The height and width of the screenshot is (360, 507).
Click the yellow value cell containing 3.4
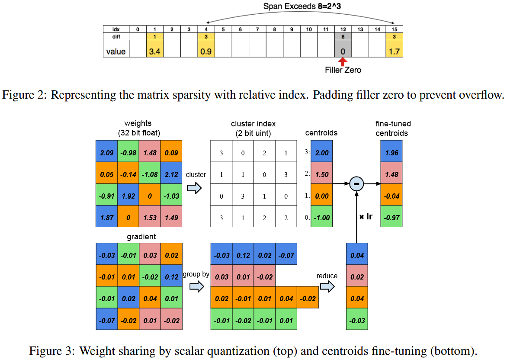click(155, 51)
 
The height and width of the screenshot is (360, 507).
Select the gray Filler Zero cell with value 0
click(343, 51)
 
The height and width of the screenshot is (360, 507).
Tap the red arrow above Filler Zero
click(343, 62)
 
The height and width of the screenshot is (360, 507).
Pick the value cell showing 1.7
click(395, 51)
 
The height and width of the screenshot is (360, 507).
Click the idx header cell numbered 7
click(257, 29)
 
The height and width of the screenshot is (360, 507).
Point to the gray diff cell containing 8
click(343, 37)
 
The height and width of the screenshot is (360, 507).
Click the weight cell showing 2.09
click(106, 153)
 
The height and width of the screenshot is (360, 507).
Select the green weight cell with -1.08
click(150, 174)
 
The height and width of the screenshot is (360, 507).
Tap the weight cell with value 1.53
click(150, 218)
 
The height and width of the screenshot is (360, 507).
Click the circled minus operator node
click(356, 184)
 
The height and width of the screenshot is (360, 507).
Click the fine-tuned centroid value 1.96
click(392, 153)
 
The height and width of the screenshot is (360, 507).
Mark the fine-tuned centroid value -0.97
click(392, 218)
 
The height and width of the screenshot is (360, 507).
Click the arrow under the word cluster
click(196, 187)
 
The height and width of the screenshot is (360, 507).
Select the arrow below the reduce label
click(327, 286)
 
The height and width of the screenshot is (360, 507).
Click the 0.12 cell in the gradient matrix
click(171, 277)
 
